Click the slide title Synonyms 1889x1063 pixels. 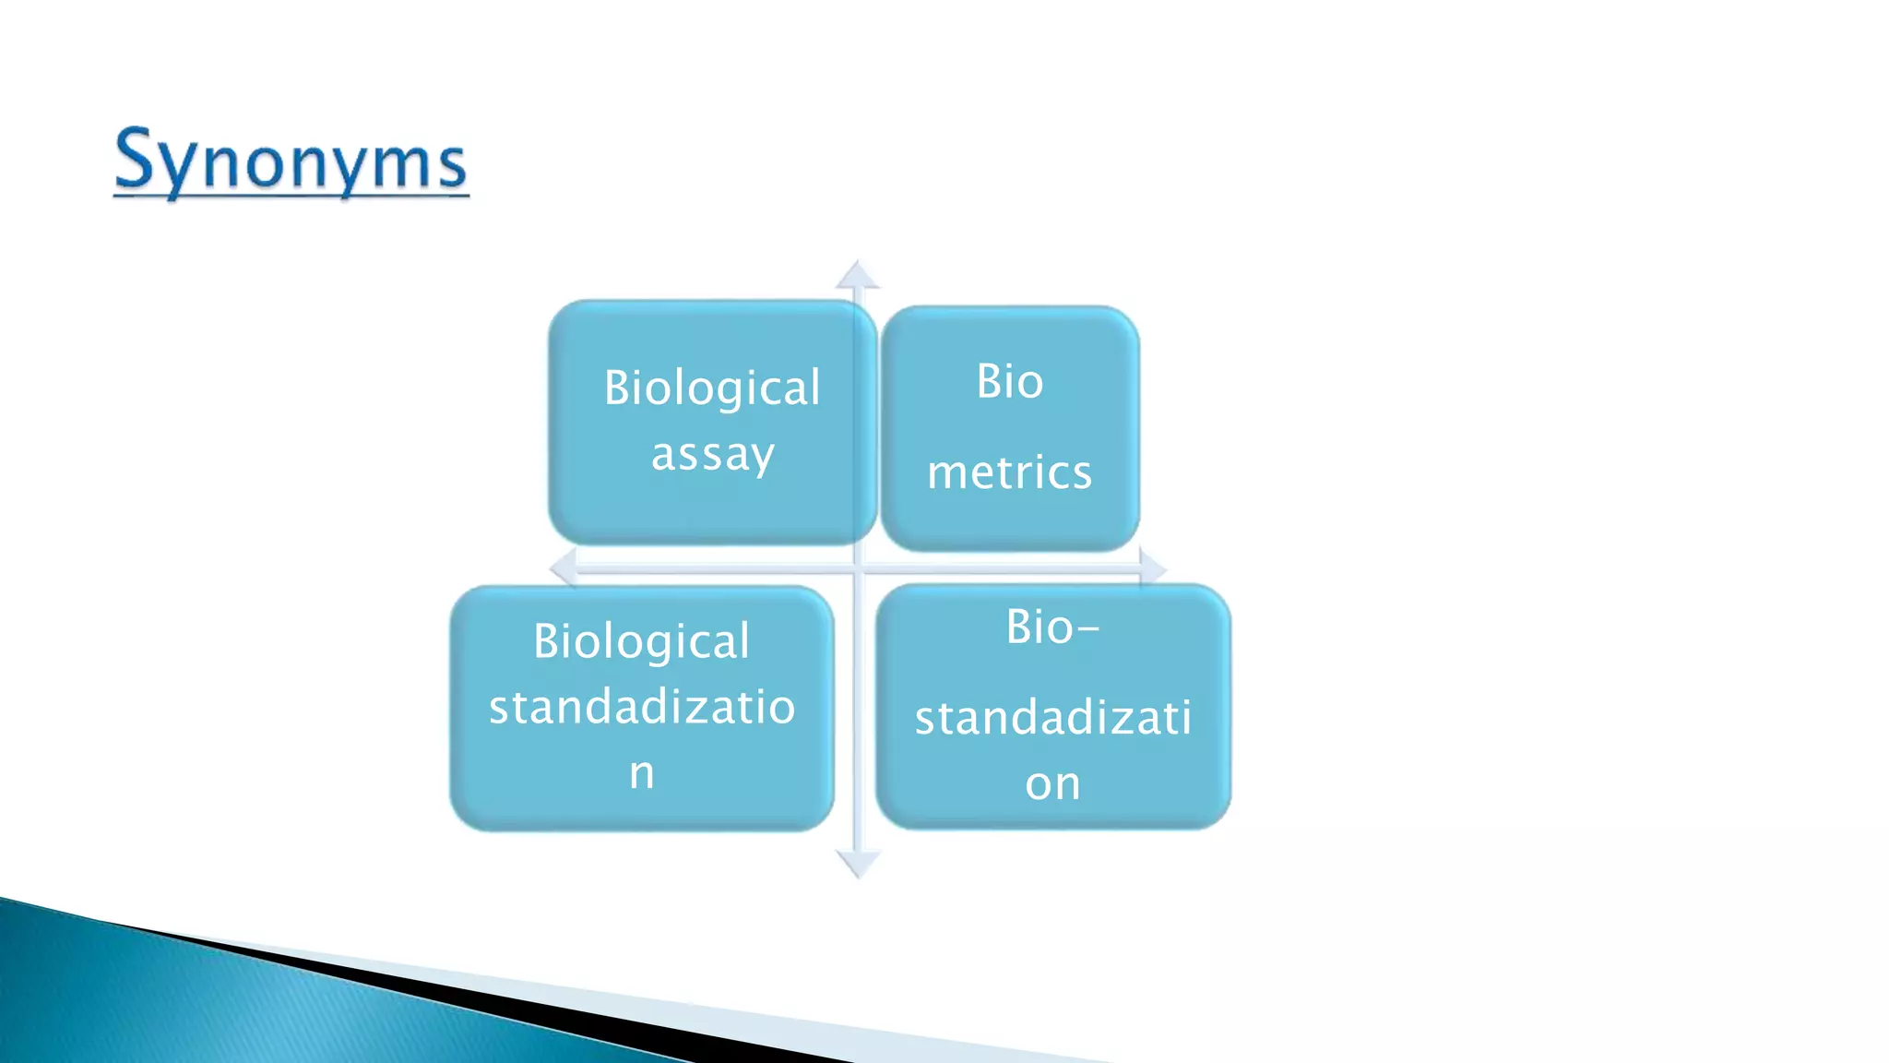point(291,161)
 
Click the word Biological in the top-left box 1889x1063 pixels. point(712,388)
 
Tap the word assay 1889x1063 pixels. point(712,455)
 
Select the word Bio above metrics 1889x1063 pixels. point(1010,381)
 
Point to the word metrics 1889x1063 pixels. point(1010,472)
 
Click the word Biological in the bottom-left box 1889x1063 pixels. point(641,641)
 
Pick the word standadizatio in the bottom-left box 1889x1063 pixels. point(641,708)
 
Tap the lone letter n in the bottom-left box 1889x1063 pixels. point(642,773)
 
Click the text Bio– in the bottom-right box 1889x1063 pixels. point(1051,627)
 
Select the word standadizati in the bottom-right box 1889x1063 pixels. point(1053,718)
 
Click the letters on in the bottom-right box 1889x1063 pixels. point(1052,784)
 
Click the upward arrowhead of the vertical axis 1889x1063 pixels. point(858,274)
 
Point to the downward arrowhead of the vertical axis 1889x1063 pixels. point(858,865)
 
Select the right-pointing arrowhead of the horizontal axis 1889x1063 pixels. point(1153,567)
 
